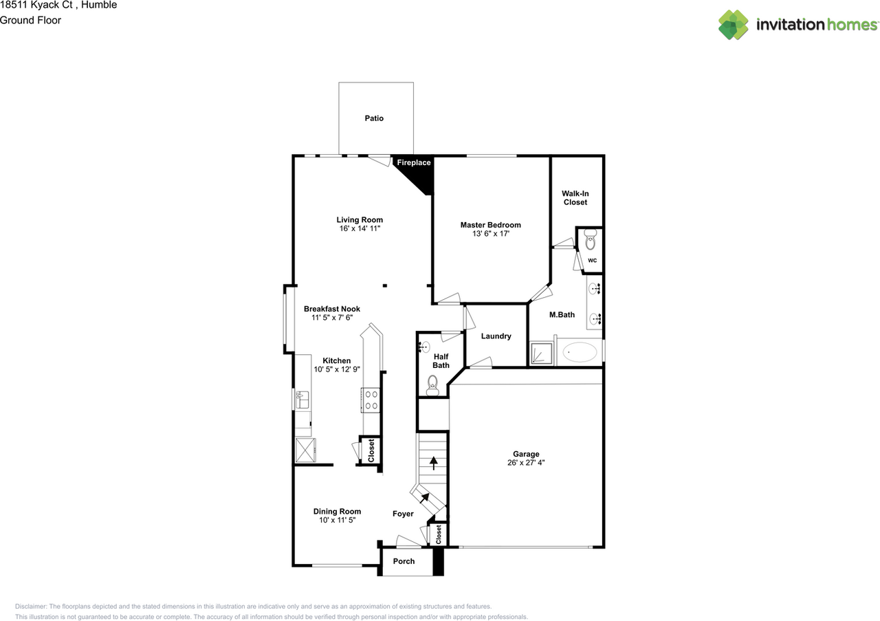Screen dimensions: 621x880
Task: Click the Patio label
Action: coord(374,118)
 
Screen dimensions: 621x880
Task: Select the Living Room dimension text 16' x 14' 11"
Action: coord(360,228)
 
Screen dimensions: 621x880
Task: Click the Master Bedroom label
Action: coord(490,225)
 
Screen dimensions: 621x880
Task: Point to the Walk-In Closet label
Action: coord(575,198)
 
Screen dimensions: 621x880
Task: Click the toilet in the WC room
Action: coord(590,241)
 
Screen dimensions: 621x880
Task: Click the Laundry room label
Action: coord(496,336)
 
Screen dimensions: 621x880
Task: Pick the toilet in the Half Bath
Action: coord(433,383)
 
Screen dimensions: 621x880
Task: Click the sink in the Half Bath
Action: coord(425,347)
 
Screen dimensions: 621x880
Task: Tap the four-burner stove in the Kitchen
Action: coord(371,400)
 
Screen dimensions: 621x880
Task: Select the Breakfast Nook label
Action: coord(332,309)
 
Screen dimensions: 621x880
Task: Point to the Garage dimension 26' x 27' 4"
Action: coord(526,463)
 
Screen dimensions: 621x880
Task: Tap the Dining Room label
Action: coord(337,511)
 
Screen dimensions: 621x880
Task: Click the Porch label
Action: coord(404,561)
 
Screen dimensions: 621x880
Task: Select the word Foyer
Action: coord(403,514)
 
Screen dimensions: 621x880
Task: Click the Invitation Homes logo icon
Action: coord(734,25)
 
